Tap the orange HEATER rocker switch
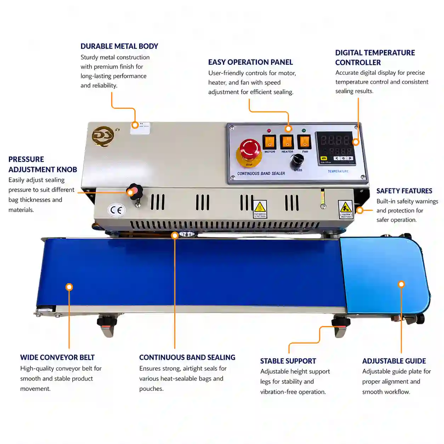(287, 142)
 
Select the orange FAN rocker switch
(304, 142)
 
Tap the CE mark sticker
(116, 210)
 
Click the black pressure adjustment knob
(135, 192)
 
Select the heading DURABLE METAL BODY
(119, 46)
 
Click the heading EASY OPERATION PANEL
(250, 62)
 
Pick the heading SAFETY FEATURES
(404, 191)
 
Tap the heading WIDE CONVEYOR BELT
(57, 358)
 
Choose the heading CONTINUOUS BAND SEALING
(187, 358)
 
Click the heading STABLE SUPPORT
(288, 361)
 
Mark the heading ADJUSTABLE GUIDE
(394, 361)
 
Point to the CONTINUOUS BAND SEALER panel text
(261, 173)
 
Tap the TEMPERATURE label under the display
(338, 171)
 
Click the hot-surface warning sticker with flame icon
(260, 209)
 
